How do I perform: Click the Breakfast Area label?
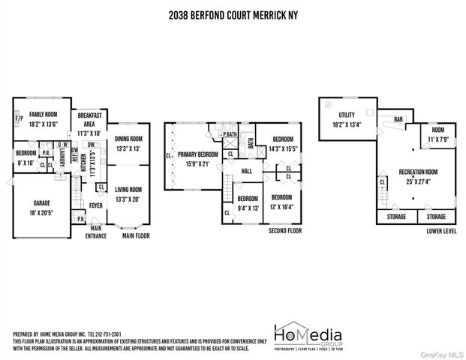tap(95, 119)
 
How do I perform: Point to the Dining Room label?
tap(128, 139)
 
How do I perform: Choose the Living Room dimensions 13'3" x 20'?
tap(128, 198)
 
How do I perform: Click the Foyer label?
tap(95, 205)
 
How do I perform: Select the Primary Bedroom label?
tap(197, 154)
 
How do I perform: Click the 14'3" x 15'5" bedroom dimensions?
tap(282, 148)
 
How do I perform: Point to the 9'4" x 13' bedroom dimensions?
tap(248, 208)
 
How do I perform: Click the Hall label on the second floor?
tap(246, 172)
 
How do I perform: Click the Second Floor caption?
tap(284, 231)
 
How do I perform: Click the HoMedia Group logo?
tap(308, 336)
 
